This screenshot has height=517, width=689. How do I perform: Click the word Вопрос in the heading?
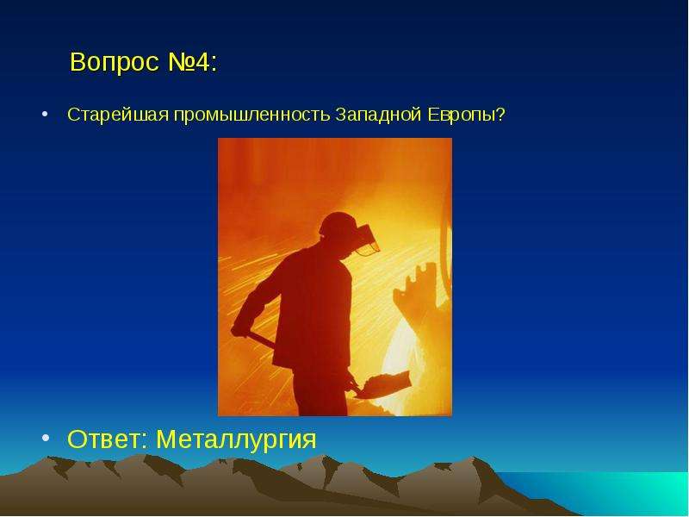(x=115, y=62)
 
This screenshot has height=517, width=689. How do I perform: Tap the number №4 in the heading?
(x=189, y=61)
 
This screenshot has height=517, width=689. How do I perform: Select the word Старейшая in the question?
(x=118, y=115)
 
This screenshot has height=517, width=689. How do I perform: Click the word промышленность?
(x=251, y=115)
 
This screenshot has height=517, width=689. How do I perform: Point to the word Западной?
(x=378, y=115)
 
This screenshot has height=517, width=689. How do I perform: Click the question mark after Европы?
(x=500, y=115)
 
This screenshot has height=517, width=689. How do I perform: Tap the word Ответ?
(x=103, y=439)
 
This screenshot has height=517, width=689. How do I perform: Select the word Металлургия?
(x=236, y=439)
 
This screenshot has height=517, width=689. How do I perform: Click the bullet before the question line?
(x=45, y=115)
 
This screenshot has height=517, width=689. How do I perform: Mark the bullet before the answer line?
(x=46, y=438)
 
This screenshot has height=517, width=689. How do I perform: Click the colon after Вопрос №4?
(x=214, y=64)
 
